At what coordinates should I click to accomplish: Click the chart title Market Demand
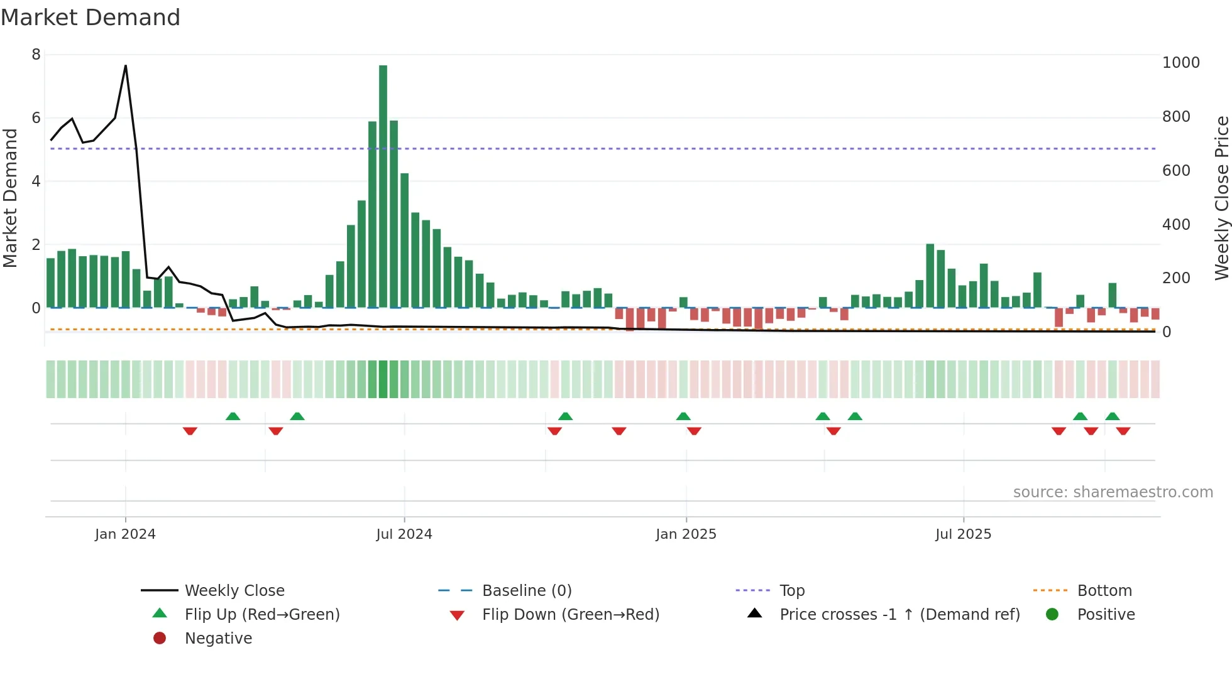(91, 18)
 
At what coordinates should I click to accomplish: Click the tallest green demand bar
(383, 188)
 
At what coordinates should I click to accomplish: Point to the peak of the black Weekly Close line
(126, 66)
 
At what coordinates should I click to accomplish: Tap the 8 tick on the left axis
(36, 55)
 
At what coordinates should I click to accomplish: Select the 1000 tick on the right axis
(1180, 63)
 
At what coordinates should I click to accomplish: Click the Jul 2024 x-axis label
(404, 534)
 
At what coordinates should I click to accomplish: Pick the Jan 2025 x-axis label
(685, 534)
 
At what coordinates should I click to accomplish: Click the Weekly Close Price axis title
(1221, 198)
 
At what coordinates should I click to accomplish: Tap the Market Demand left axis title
(10, 198)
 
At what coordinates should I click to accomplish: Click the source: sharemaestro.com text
(1113, 492)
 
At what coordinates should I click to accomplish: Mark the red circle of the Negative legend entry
(160, 638)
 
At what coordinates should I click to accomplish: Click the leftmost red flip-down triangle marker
(190, 431)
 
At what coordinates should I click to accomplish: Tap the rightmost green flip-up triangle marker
(1112, 416)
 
